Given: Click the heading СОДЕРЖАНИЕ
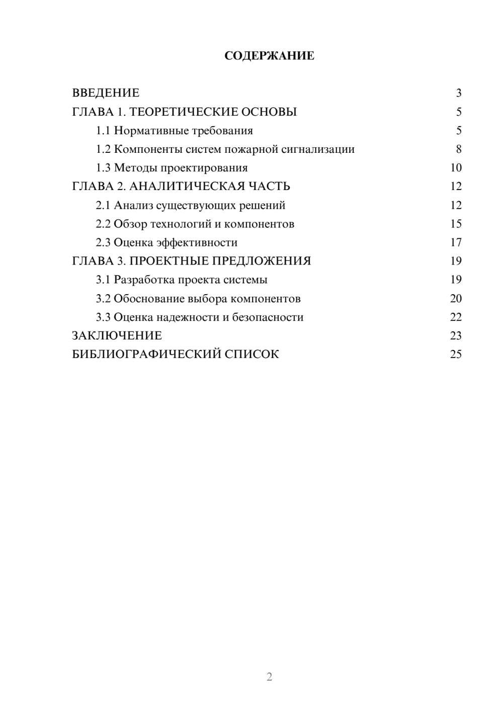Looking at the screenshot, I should coord(269,56).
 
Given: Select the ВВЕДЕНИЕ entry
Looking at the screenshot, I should coord(106,93).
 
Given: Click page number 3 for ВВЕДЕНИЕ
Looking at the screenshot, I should coord(458,93).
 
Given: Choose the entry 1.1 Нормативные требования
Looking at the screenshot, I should coord(174,131).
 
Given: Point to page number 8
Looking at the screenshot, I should coord(458,149).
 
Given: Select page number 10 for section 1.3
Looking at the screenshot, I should coord(456,168).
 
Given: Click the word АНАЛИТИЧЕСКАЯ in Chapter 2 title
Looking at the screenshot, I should coord(187,187).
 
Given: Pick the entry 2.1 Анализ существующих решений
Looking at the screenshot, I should coord(190,205).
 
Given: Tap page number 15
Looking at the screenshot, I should coord(456,224).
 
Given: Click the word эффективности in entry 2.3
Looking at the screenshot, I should coord(197,243).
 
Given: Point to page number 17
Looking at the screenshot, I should coord(456,243).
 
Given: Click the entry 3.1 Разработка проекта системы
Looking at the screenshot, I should coord(181,280).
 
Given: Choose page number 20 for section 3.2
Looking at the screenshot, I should coord(456,299).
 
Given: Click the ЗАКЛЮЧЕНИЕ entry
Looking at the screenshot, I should coord(117,336).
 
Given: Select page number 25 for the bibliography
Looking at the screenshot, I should coord(456,354).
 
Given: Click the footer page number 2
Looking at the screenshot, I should coord(269,677).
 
